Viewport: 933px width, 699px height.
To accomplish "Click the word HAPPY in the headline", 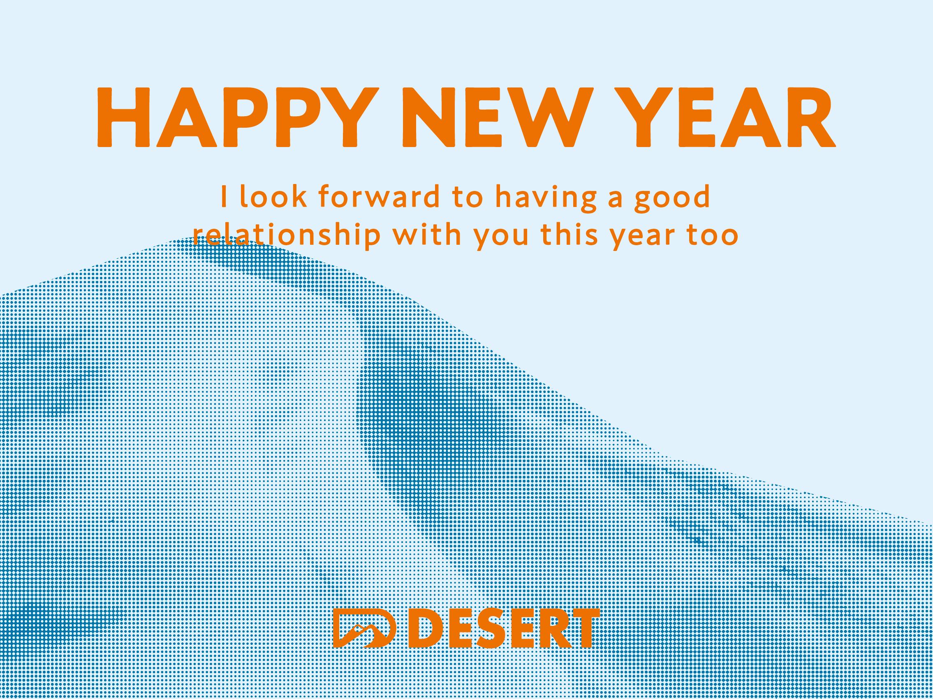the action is point(238,117).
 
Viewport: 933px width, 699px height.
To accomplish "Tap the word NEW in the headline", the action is point(498,117).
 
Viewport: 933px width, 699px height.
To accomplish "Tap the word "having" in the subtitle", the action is point(546,198).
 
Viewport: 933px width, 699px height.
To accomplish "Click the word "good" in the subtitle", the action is point(673,198).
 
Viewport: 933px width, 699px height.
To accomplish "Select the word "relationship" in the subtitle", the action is point(287,237).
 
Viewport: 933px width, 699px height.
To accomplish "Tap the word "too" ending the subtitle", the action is point(713,235).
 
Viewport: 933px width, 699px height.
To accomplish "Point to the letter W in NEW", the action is point(550,117).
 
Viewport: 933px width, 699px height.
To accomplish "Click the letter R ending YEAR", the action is point(812,117).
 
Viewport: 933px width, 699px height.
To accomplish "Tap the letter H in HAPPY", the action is point(124,117).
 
